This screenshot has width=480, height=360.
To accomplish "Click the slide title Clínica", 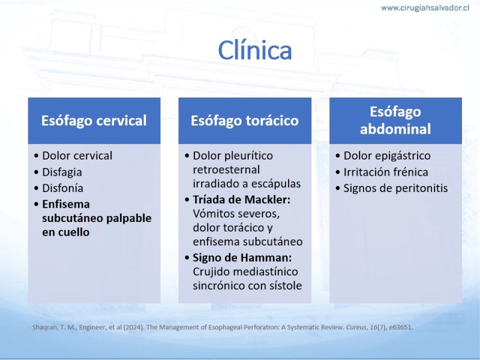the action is pos(254,50).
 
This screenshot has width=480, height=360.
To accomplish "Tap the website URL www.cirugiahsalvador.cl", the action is pos(425,8).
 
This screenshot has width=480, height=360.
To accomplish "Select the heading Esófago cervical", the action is pos(94,121).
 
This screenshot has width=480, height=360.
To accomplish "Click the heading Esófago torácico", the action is pos(245,121).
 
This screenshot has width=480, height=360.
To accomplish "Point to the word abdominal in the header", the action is pos(395,129).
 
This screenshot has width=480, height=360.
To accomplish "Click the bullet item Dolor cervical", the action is pos(77,155).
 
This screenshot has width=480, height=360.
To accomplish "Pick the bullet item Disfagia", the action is pos(62,172).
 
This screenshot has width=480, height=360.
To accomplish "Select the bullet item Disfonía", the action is pos(63,188).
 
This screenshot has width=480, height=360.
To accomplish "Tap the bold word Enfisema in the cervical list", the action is pos(66,204).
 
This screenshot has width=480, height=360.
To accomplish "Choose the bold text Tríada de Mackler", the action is pos(242,200).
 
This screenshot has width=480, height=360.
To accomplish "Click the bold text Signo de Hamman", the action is pos(242,258).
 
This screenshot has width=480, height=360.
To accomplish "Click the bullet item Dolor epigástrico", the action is pos(387,155).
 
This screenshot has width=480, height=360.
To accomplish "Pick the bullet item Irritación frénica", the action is pos(386,172).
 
